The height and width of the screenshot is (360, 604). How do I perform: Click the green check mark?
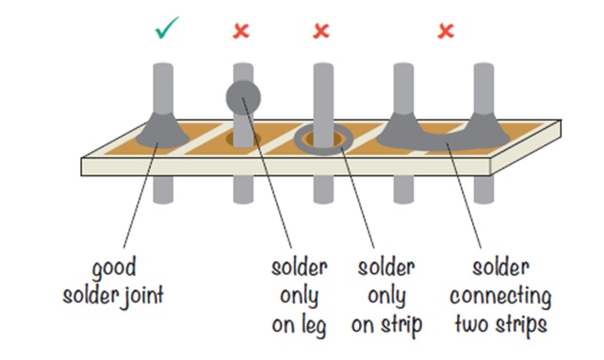click(166, 29)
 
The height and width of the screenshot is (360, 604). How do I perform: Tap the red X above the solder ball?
click(241, 31)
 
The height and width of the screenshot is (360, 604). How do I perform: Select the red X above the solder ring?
click(321, 31)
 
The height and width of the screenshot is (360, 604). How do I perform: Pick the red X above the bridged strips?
click(446, 31)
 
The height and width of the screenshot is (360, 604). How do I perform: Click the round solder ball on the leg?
click(243, 97)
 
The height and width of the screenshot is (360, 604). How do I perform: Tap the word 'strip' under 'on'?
click(401, 325)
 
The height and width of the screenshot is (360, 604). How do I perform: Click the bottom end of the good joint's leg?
click(163, 200)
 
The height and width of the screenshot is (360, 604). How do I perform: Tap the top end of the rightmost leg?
click(483, 66)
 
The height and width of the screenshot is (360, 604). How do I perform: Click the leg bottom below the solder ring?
click(323, 200)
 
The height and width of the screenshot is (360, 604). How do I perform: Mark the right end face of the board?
click(526, 147)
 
